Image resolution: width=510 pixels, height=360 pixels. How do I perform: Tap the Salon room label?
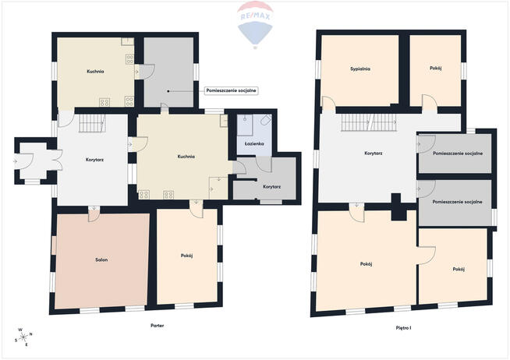click(x=101, y=260)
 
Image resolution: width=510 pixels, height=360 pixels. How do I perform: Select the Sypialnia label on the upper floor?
click(x=360, y=69)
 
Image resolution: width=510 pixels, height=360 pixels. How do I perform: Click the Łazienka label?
click(x=254, y=143)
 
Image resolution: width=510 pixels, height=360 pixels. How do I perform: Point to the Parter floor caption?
click(x=157, y=325)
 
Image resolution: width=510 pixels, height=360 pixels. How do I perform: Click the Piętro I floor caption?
click(x=403, y=328)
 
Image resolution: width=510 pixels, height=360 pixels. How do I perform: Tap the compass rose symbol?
click(x=23, y=337)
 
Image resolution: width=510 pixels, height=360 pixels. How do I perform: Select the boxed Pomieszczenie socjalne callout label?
click(x=232, y=90)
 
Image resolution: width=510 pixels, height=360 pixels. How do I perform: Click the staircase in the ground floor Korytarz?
click(x=92, y=123)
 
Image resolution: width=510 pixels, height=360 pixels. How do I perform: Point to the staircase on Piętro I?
click(x=369, y=122)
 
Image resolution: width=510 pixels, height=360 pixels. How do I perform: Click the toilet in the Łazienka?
click(x=266, y=119)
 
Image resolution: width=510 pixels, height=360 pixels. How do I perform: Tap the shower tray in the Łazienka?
click(x=245, y=125)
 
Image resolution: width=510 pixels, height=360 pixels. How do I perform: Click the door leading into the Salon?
click(x=94, y=214)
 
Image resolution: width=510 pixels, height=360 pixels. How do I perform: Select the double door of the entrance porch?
click(x=57, y=160)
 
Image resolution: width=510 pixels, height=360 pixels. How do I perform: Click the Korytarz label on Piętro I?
click(x=373, y=153)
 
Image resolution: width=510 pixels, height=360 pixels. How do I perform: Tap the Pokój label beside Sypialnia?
click(x=435, y=69)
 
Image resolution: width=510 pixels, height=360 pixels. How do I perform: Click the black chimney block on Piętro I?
click(x=398, y=207)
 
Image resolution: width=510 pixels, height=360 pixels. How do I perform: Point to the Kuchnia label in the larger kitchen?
click(x=186, y=157)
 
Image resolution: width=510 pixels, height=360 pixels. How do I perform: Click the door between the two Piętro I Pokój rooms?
click(x=427, y=256)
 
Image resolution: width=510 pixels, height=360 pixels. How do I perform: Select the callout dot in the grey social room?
click(x=168, y=91)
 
